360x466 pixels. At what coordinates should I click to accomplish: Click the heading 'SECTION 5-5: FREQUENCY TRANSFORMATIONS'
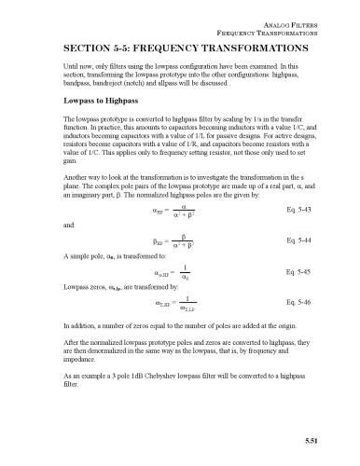[179, 47]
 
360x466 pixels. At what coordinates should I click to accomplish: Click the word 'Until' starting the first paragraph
[71, 68]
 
